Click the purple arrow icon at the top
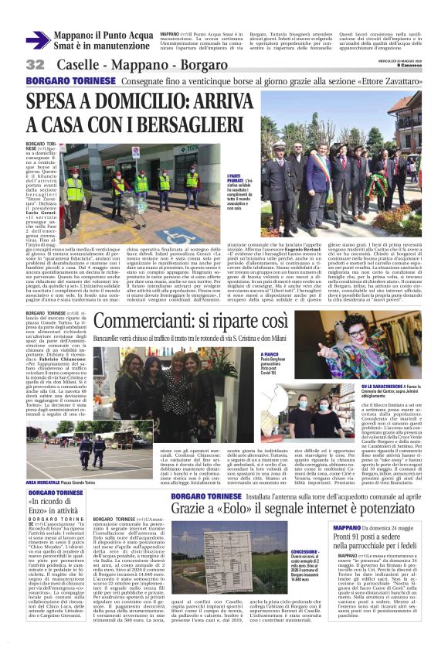tap(38, 41)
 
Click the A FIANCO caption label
tap(249, 353)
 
